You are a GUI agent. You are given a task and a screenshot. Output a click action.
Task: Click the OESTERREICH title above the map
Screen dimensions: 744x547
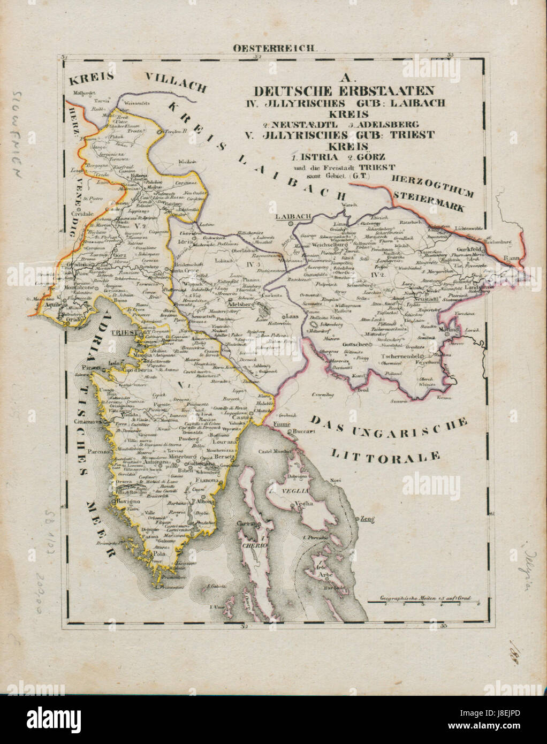click(x=274, y=48)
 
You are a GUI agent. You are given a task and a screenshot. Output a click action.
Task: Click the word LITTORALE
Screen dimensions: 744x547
click(x=385, y=456)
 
